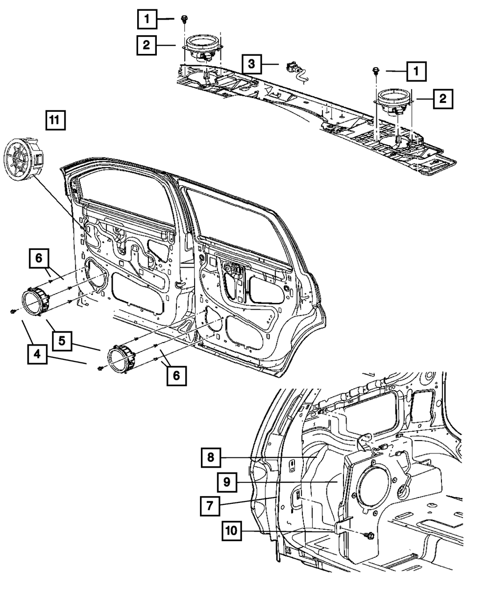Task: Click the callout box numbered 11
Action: [55, 120]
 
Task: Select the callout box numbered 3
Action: [251, 64]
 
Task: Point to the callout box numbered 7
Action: [209, 505]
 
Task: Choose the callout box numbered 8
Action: [210, 458]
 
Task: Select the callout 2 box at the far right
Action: [442, 99]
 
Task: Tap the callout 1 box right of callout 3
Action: [416, 72]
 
